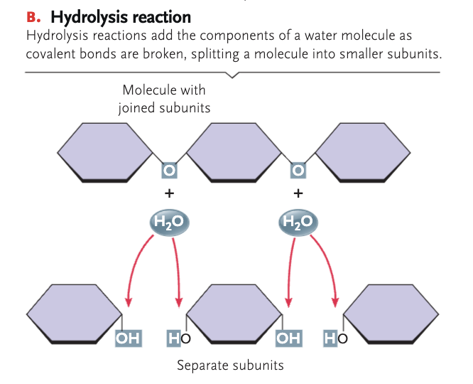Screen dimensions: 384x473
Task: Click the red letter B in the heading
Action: (30, 16)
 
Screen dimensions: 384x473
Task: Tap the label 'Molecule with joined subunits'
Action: (164, 99)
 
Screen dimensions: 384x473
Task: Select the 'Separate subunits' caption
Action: (230, 366)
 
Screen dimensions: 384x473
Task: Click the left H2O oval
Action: (168, 222)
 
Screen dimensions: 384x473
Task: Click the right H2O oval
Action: (297, 222)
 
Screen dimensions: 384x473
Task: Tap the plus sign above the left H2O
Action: (168, 193)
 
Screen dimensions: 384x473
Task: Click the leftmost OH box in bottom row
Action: (128, 337)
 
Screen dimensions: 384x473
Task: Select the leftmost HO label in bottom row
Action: (180, 337)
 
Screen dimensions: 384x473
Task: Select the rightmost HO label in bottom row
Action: (337, 337)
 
